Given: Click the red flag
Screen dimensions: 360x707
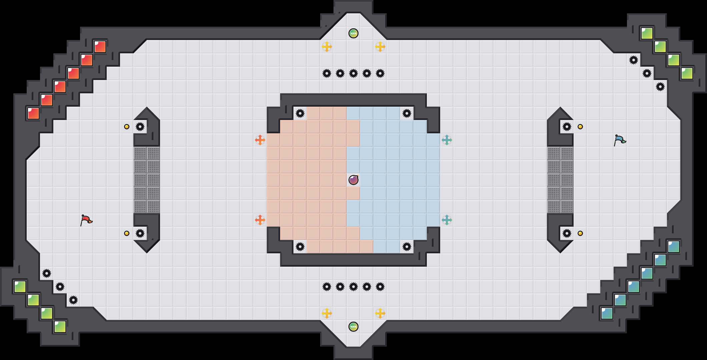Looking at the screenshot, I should [86, 220].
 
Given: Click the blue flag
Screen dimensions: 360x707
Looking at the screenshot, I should [620, 140].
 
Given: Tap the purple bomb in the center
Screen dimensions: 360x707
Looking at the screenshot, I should [353, 180].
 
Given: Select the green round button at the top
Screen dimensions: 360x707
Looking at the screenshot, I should [353, 33].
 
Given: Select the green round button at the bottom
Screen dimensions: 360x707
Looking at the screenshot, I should [353, 327].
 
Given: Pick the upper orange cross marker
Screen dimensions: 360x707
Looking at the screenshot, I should [260, 140].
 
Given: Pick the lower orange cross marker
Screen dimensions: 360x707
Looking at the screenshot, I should [260, 220].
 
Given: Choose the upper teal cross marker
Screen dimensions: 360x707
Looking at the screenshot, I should [447, 140].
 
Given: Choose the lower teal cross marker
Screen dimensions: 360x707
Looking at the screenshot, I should [447, 220].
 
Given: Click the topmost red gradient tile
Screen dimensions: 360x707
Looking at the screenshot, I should [100, 47].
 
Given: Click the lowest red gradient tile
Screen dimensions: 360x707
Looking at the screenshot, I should [33, 113].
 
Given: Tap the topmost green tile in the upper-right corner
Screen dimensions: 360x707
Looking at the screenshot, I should [647, 33].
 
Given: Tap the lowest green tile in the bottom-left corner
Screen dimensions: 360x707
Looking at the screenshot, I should [60, 327].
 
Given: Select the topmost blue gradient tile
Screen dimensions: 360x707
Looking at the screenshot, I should [674, 247].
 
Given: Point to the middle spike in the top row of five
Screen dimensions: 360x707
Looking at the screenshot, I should [353, 73].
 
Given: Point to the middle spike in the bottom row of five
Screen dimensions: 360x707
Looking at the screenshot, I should [353, 287].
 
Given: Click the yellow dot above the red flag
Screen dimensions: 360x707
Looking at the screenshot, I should [127, 127].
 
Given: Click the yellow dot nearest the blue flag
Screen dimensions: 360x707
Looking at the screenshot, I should [580, 127].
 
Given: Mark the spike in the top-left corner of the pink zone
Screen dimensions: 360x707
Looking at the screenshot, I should [300, 113].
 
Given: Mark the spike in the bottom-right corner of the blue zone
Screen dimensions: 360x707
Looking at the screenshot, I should [407, 247].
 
